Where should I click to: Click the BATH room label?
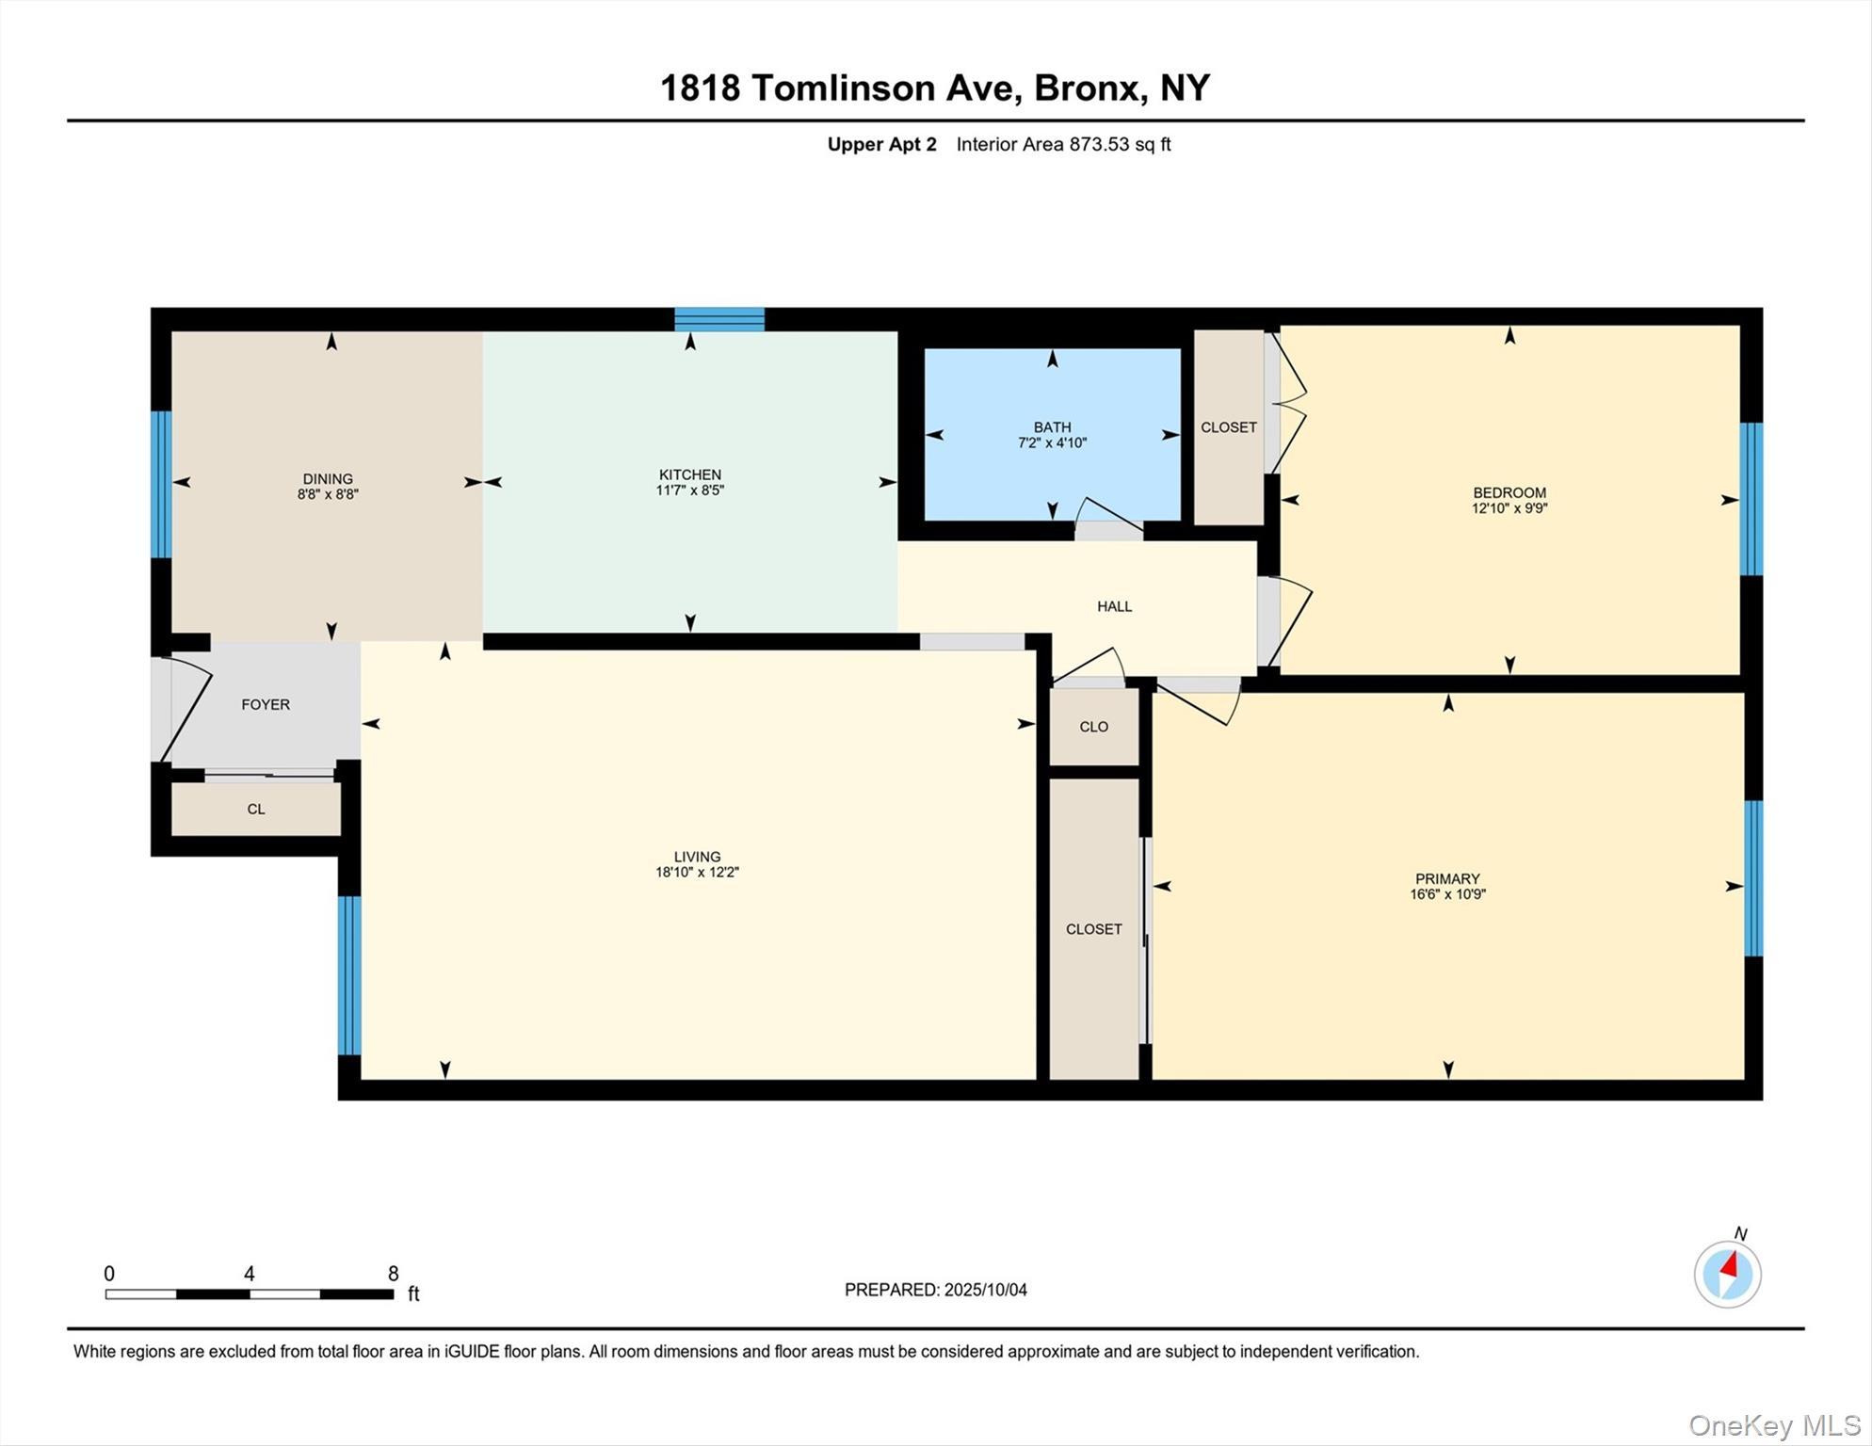[1052, 427]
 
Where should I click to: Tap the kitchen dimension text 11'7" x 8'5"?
[689, 490]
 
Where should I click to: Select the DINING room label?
[328, 478]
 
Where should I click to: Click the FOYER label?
[266, 704]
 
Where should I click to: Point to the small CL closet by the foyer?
[256, 810]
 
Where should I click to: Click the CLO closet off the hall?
[1093, 727]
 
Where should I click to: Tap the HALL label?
[1114, 606]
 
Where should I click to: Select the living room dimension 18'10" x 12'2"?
[697, 873]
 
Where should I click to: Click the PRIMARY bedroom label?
[1447, 878]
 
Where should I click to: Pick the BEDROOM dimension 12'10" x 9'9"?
[1509, 508]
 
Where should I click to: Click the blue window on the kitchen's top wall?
[719, 319]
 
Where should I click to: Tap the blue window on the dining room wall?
[161, 484]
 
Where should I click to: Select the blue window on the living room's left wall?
[348, 974]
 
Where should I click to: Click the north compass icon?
[1727, 1274]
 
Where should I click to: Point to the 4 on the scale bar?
[249, 1274]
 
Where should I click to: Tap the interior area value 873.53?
[1098, 144]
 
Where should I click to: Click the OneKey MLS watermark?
[1773, 1425]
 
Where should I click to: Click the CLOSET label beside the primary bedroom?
[1093, 929]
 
